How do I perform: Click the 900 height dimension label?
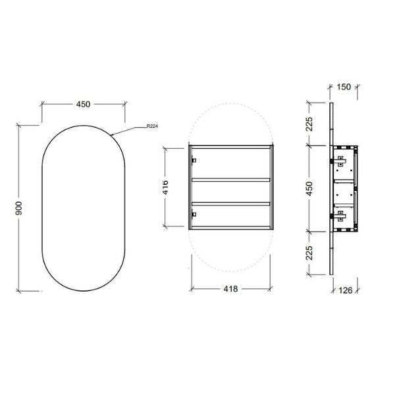tap(20, 208)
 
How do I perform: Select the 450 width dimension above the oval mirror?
tap(84, 104)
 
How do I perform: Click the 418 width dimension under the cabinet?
tap(230, 288)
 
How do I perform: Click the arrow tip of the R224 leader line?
tap(112, 134)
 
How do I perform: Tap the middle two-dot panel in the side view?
tap(343, 192)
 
